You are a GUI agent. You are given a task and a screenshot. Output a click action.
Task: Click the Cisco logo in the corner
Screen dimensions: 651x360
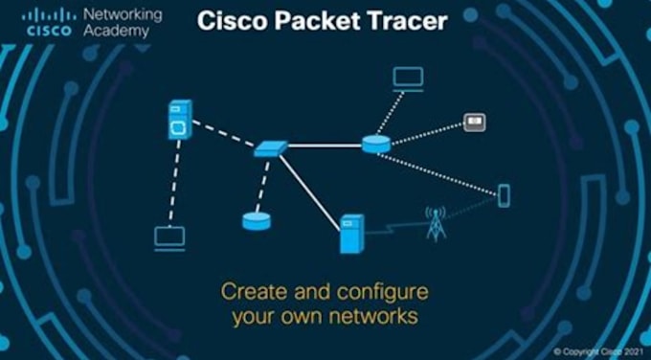(49, 23)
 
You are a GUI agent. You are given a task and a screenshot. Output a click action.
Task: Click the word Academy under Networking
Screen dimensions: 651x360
(116, 32)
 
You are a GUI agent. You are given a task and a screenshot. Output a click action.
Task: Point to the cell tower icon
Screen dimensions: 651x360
(436, 224)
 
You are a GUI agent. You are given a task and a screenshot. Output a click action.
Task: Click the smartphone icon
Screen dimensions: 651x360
(504, 195)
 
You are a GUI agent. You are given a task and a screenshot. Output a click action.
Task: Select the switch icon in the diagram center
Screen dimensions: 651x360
(271, 149)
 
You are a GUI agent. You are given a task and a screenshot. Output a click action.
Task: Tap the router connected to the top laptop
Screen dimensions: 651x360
(376, 144)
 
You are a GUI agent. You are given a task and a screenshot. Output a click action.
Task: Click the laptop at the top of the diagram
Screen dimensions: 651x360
(408, 79)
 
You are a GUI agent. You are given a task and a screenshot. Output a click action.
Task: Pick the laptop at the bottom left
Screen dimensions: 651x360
(169, 238)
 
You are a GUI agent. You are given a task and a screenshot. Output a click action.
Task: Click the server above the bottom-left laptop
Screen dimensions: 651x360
(180, 120)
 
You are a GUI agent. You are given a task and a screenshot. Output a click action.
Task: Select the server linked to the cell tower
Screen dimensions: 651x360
(351, 234)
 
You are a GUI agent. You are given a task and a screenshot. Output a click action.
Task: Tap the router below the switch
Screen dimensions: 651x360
(257, 221)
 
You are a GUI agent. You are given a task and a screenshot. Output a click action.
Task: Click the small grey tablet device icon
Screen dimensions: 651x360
(475, 123)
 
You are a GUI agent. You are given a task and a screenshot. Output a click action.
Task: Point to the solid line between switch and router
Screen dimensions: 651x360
(325, 146)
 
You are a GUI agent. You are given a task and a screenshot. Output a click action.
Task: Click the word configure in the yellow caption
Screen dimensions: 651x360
(382, 292)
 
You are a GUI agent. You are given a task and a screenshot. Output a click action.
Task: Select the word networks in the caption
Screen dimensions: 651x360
(373, 316)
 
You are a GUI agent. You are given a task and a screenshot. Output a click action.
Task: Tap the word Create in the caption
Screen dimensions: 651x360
(255, 291)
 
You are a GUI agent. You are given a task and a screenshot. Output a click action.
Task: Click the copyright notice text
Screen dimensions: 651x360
(598, 351)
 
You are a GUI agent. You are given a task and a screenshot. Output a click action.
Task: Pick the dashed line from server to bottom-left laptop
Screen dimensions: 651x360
(175, 183)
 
